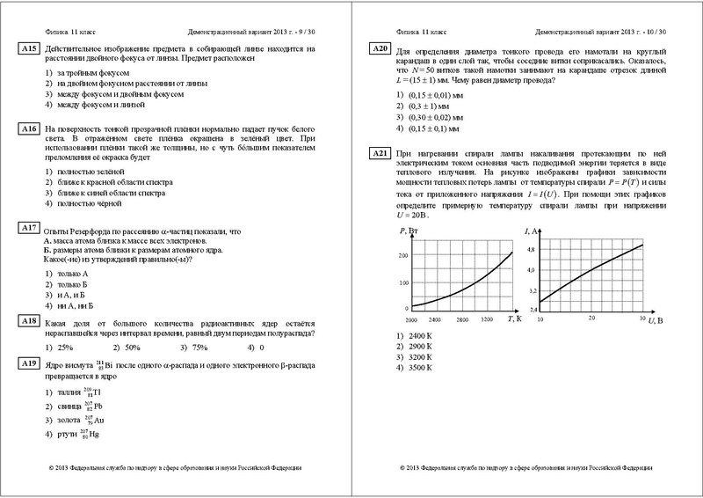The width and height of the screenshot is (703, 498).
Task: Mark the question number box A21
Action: pyautogui.click(x=380, y=154)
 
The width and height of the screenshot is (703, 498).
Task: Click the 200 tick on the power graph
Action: pyautogui.click(x=404, y=255)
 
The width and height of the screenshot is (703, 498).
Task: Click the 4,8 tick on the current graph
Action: pyautogui.click(x=530, y=250)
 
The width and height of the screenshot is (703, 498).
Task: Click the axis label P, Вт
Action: pyautogui.click(x=409, y=231)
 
